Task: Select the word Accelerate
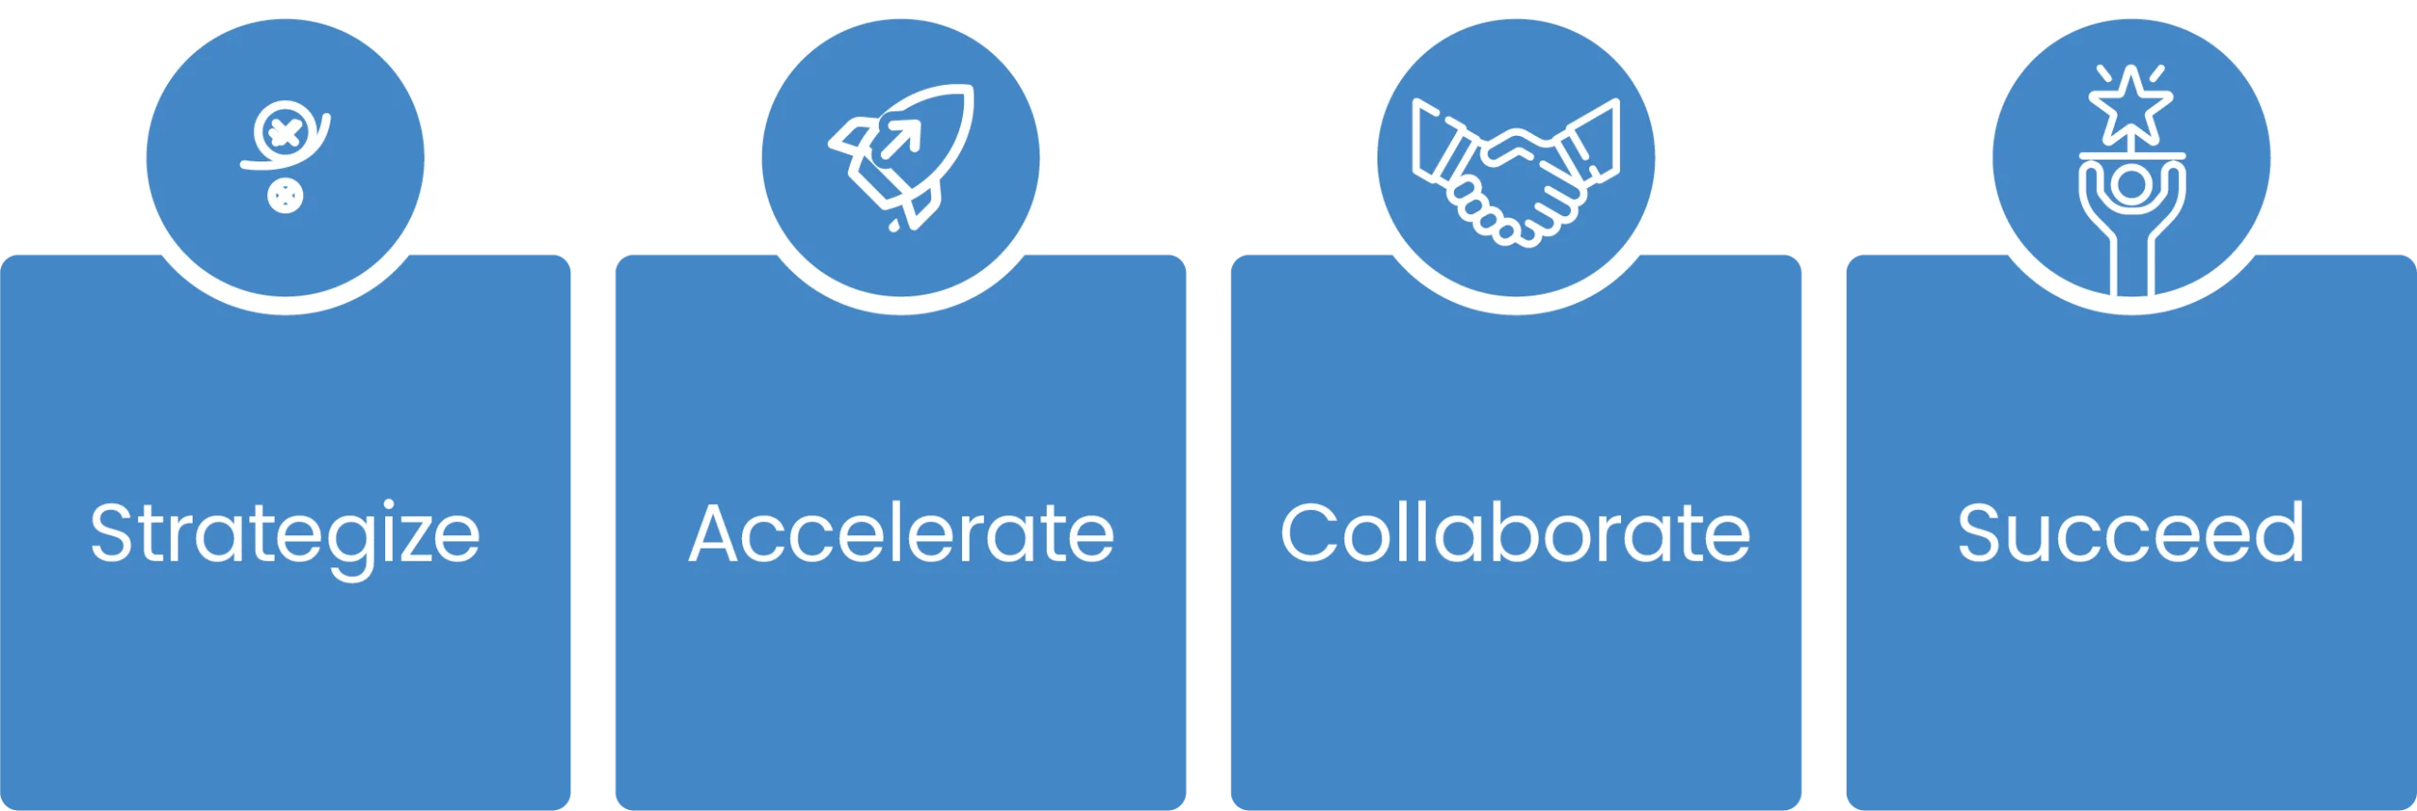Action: (x=902, y=533)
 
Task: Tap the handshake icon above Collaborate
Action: (x=1516, y=173)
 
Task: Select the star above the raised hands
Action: (x=2131, y=106)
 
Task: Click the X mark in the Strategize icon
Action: (x=284, y=132)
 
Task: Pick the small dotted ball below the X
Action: (x=285, y=196)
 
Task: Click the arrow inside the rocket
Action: (x=901, y=140)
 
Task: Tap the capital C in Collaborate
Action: (x=1311, y=532)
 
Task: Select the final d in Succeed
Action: (x=2278, y=532)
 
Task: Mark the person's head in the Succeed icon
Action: (x=2131, y=185)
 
